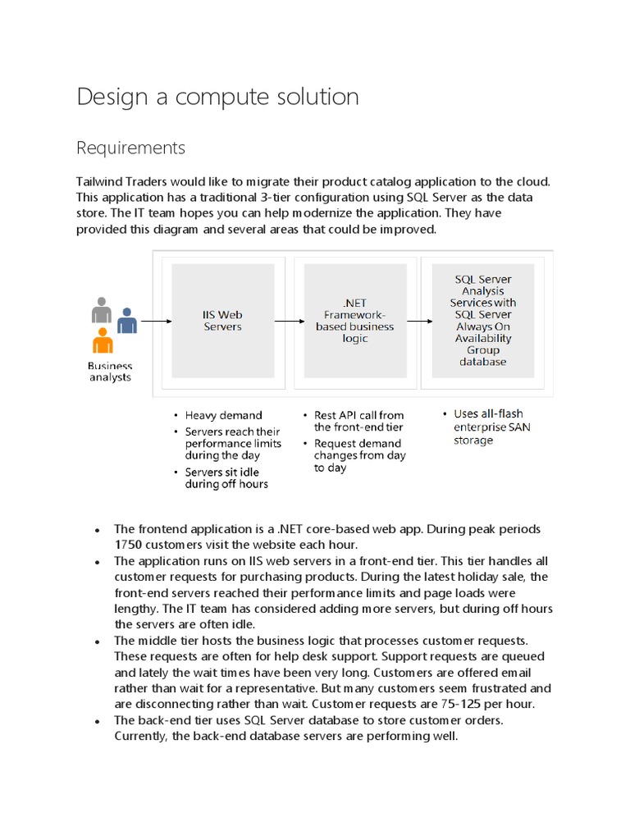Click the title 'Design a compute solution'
[217, 97]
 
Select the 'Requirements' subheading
[130, 148]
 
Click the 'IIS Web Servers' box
[222, 321]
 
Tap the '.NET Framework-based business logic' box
[355, 321]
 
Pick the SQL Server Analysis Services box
[483, 321]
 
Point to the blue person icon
[126, 320]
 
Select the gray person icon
[102, 311]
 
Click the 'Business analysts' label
[110, 372]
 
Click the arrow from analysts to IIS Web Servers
[156, 321]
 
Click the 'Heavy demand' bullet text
[223, 416]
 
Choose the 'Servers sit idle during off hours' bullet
[226, 477]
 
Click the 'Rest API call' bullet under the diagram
[358, 421]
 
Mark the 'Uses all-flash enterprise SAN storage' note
[488, 427]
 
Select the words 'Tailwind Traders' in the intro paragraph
[120, 181]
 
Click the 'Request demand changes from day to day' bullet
[359, 455]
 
